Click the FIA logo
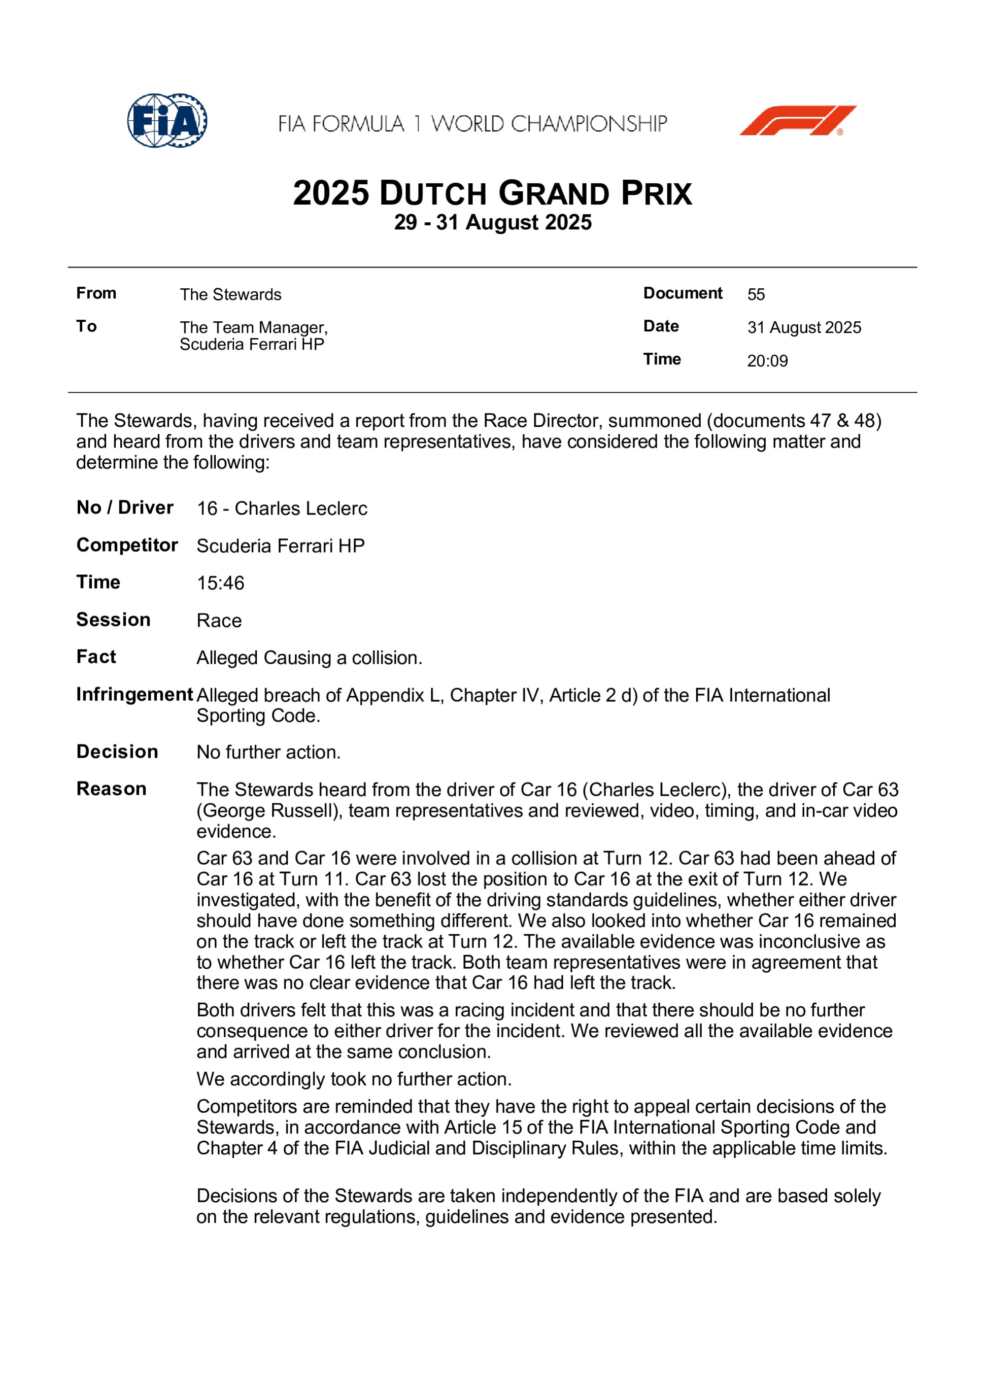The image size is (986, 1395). [x=167, y=120]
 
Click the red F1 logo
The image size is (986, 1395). [x=797, y=120]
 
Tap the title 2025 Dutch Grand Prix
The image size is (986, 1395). [x=492, y=193]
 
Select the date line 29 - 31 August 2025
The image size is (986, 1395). [x=492, y=222]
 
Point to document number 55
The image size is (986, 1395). [x=756, y=295]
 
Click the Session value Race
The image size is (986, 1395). [x=219, y=621]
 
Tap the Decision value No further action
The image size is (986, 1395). [x=268, y=752]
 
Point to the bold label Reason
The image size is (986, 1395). [x=111, y=789]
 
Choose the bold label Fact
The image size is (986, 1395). [x=96, y=657]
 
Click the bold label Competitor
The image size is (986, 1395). [x=127, y=545]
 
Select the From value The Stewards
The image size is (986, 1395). [x=230, y=295]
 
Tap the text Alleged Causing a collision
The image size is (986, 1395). [x=309, y=658]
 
